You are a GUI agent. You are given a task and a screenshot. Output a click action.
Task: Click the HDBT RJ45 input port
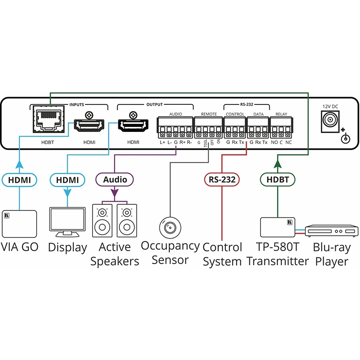coord(48,120)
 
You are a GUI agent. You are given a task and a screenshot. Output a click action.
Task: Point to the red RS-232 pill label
coord(221,180)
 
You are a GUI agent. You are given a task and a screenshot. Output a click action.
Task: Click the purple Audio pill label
coord(115,180)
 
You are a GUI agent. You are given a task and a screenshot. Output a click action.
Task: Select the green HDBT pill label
coord(278,180)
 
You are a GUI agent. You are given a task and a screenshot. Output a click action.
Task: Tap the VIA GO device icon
coord(20,224)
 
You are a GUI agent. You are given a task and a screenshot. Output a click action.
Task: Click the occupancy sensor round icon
coord(170,226)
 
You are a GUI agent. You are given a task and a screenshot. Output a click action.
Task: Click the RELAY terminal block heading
coord(281,114)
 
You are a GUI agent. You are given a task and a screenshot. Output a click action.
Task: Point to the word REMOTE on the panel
coord(209,114)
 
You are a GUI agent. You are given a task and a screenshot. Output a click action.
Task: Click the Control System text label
coord(222,254)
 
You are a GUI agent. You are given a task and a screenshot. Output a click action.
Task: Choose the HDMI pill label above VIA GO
coord(20,180)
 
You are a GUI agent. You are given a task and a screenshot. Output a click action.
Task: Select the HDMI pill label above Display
coord(67,180)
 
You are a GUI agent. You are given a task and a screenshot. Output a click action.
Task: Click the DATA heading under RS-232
coord(258,114)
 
